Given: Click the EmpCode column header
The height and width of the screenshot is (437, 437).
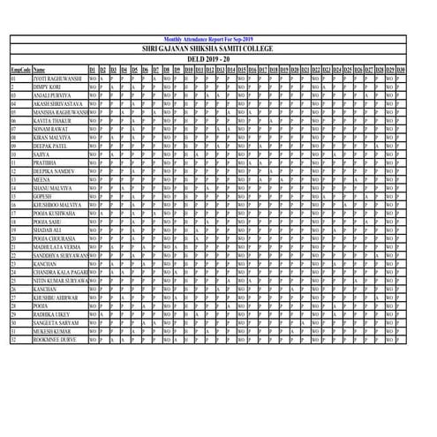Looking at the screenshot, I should tap(21, 68).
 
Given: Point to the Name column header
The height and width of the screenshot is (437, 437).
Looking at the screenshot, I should tap(40, 68).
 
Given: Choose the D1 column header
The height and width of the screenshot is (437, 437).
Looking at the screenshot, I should tap(93, 68).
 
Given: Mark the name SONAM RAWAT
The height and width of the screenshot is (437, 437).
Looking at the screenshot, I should tap(50, 129).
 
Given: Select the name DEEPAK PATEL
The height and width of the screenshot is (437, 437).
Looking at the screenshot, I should tap(51, 146).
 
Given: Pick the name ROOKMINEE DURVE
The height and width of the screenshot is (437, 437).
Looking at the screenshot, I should tap(56, 339).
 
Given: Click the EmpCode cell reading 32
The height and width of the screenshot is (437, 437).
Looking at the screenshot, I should tap(14, 339).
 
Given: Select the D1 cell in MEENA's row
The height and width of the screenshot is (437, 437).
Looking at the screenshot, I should tap(93, 179).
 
